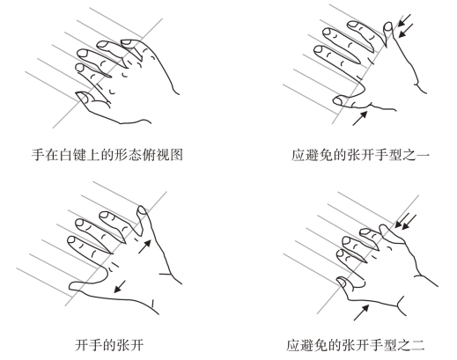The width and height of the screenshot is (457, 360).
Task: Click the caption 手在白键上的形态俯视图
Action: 107,155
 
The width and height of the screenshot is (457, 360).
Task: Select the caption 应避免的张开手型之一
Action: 360,155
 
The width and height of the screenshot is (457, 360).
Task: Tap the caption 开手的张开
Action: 109,345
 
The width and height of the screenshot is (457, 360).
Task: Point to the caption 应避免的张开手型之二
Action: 356,345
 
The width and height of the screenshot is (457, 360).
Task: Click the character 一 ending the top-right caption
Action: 423,155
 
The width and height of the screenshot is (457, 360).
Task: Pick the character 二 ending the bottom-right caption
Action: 418,345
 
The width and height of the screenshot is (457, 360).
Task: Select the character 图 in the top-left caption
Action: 176,155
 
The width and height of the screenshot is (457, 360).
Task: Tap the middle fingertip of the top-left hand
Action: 83,54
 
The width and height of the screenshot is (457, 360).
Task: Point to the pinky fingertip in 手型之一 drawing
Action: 388,26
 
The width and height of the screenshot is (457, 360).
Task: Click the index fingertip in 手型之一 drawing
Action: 320,50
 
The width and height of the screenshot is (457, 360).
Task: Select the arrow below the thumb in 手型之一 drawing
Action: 360,118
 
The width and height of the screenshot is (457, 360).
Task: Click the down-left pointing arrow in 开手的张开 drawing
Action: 120,287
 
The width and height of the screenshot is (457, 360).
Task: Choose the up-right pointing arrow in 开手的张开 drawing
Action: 144,246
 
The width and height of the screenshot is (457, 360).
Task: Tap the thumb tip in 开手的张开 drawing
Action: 72,286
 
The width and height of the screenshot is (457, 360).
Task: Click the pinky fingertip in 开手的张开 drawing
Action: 142,209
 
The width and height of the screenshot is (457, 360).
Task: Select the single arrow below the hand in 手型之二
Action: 361,312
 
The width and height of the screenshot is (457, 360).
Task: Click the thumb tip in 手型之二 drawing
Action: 341,283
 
